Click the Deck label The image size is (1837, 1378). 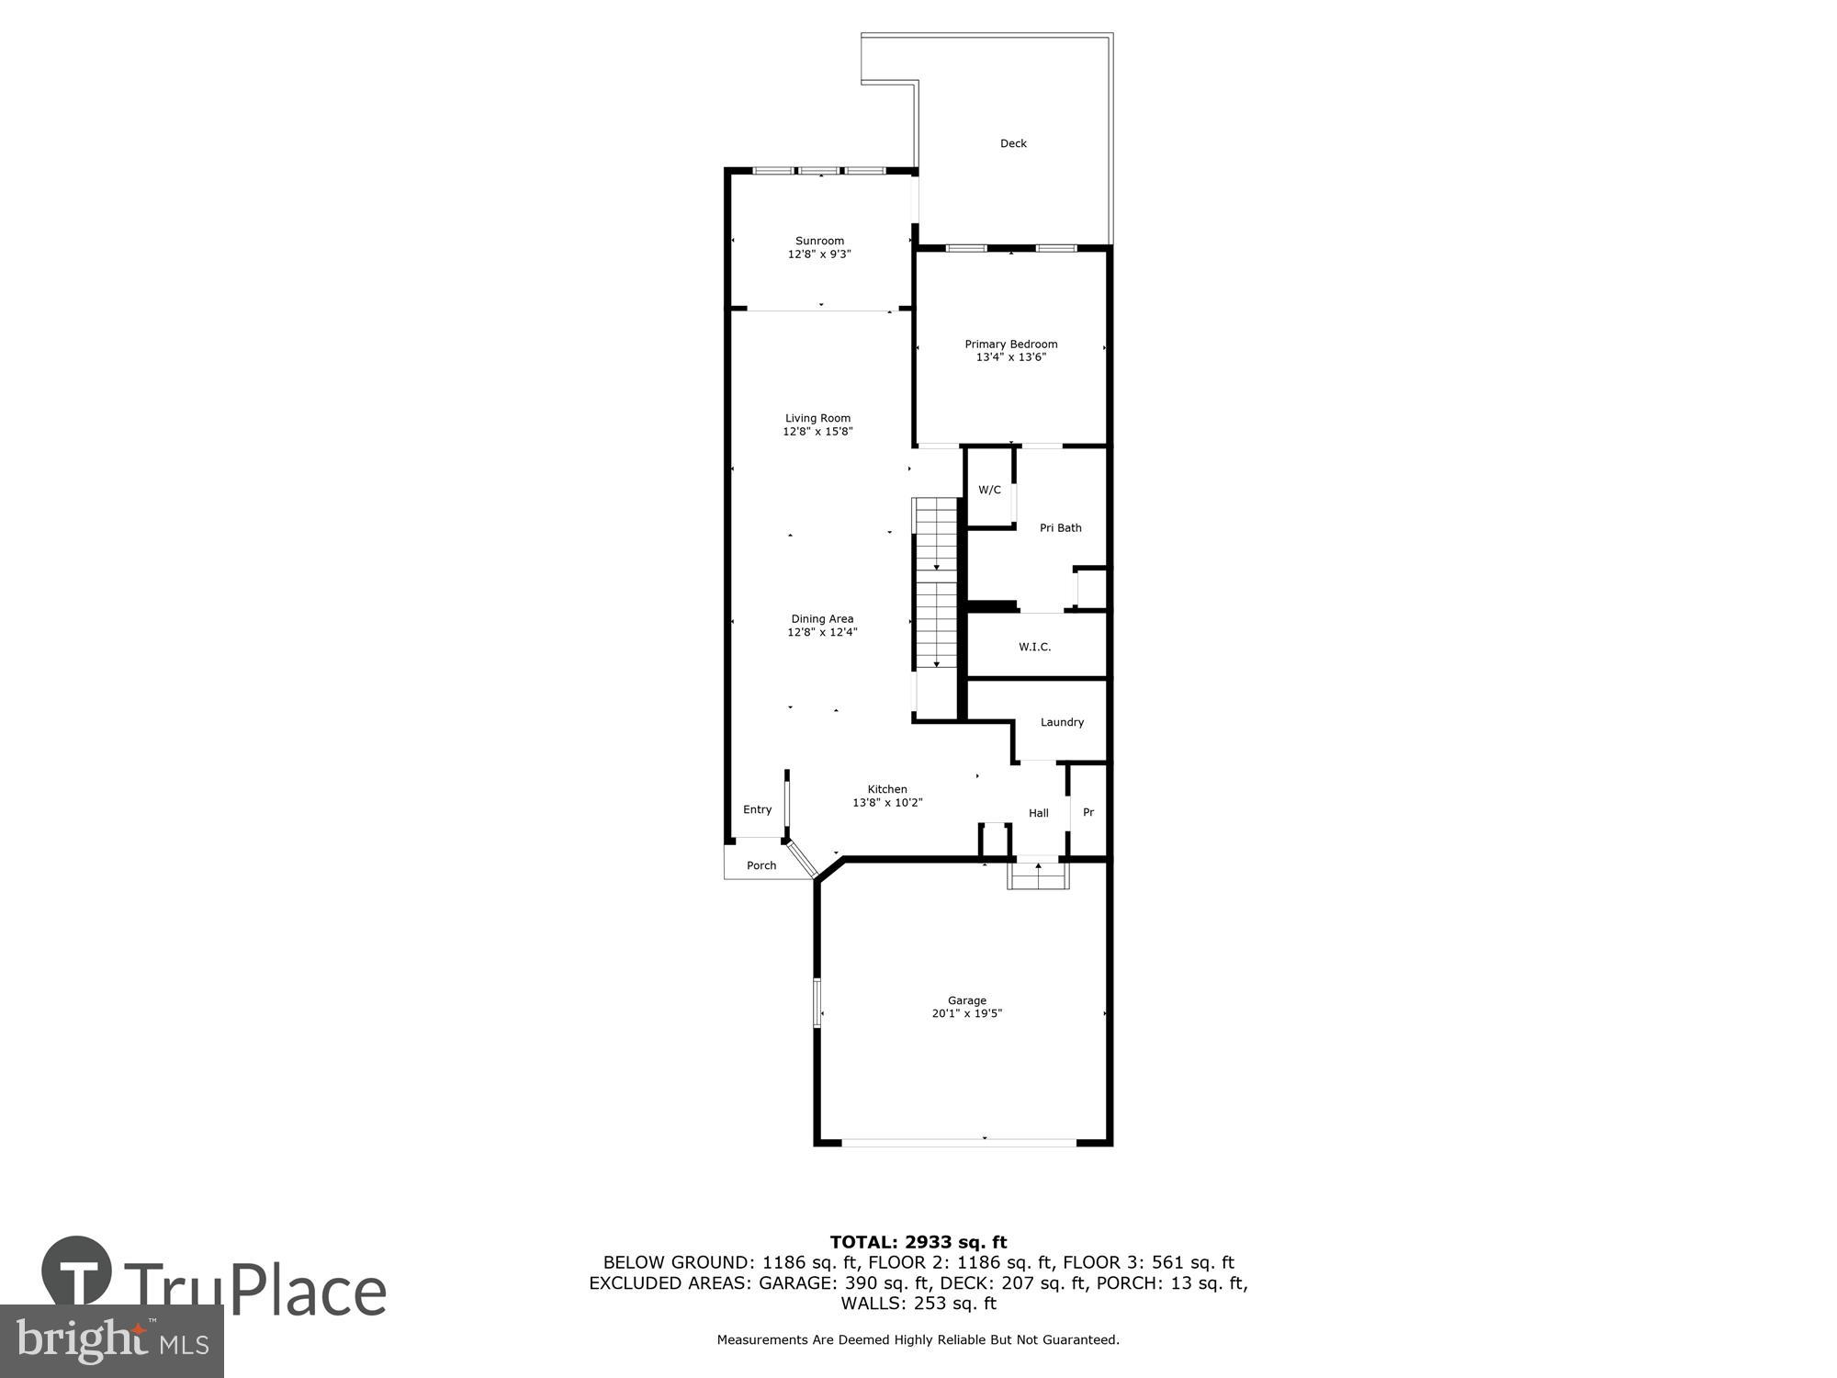point(1013,143)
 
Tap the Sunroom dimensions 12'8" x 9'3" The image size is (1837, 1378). point(819,254)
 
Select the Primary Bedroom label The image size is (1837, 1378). point(1010,344)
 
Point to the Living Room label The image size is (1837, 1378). point(817,418)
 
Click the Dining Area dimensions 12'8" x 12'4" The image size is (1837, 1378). point(822,632)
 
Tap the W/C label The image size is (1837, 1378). point(989,490)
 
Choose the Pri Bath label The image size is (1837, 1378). point(1060,528)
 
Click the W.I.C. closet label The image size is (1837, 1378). point(1034,647)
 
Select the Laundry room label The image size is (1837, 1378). point(1062,722)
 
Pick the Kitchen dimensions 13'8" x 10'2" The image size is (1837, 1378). point(887,803)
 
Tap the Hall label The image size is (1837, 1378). point(1038,813)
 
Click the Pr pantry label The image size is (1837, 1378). point(1088,813)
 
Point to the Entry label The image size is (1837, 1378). point(757,809)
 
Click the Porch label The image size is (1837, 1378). point(761,865)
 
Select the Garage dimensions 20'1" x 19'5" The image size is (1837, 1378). point(966,1014)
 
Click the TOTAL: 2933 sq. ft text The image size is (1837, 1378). point(918,1243)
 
